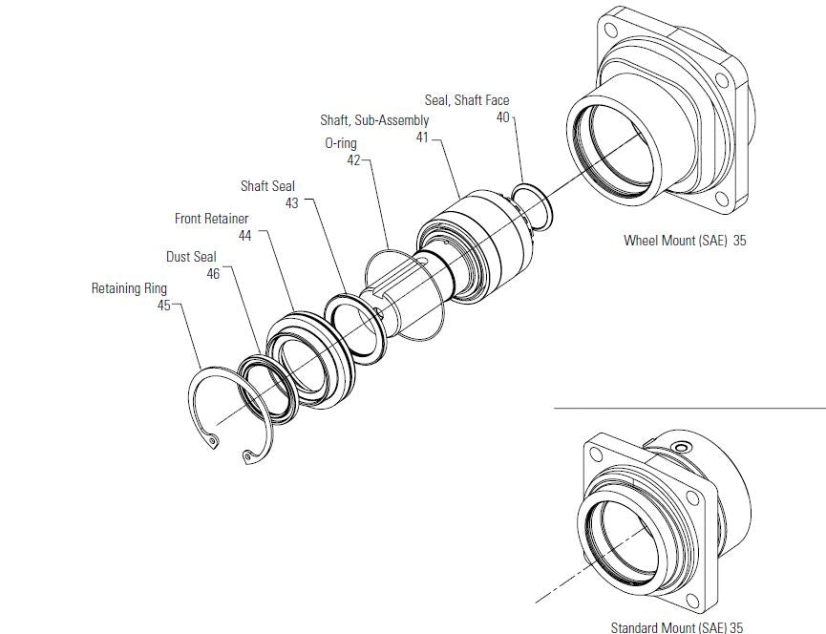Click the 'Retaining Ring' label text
(129, 287)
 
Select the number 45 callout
(163, 305)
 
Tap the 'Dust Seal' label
(191, 257)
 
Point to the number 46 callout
(213, 273)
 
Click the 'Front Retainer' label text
(211, 219)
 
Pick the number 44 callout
(244, 236)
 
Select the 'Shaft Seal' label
(267, 186)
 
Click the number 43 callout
(292, 203)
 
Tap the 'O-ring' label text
(341, 143)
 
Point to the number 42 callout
(353, 160)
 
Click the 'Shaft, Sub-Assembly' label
(374, 120)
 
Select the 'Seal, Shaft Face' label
(467, 100)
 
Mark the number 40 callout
(502, 117)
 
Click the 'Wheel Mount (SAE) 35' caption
(685, 241)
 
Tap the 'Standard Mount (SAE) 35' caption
(677, 627)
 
